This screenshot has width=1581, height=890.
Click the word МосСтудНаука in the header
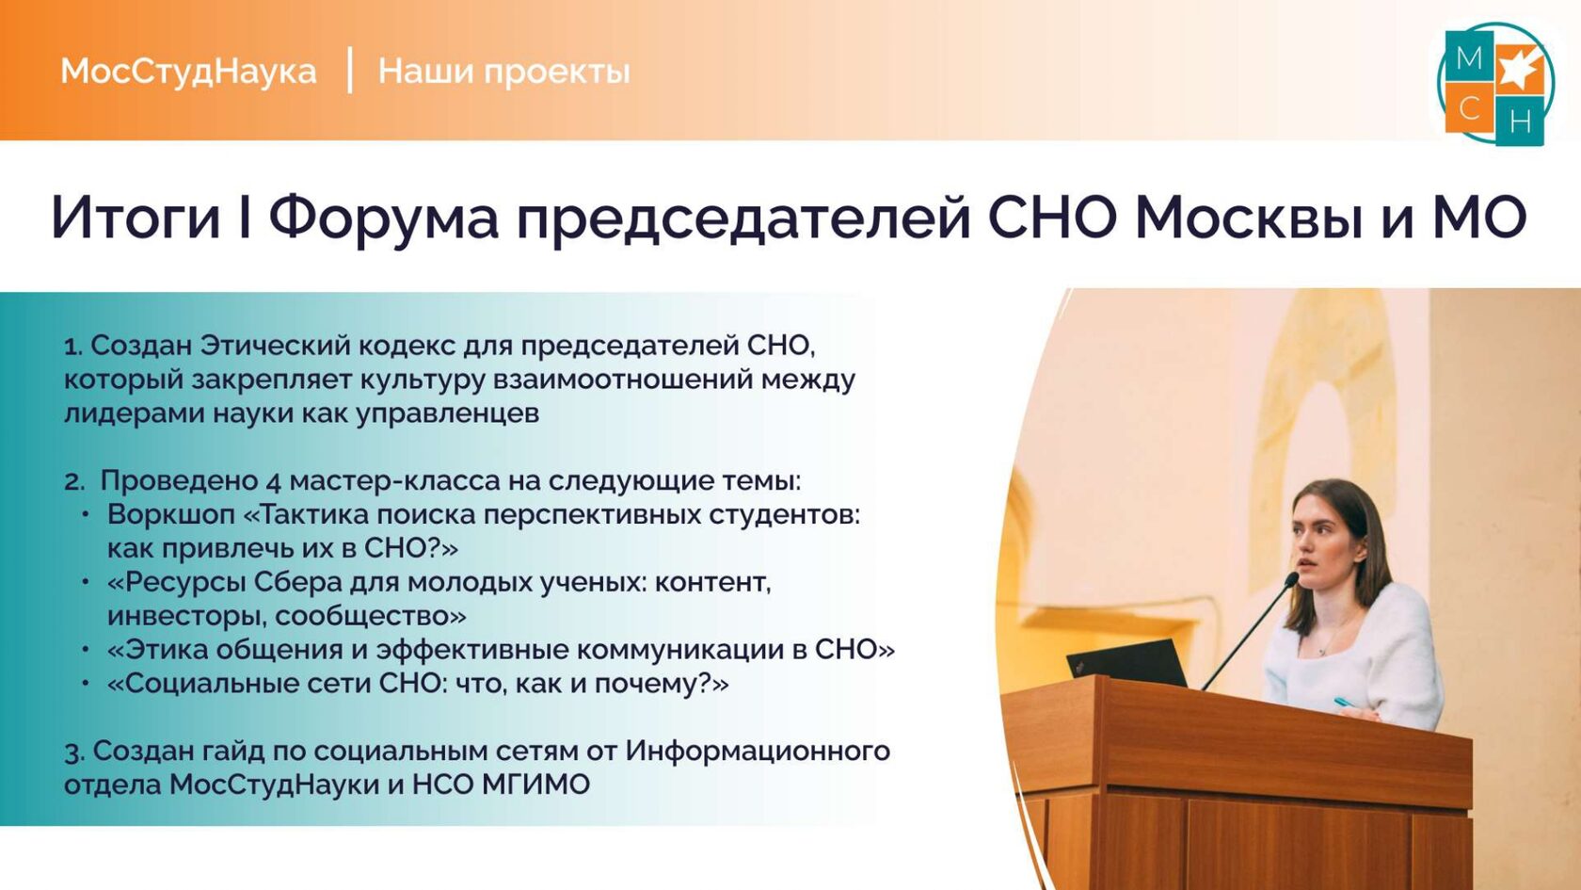(188, 72)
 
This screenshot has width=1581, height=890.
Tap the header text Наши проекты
(504, 72)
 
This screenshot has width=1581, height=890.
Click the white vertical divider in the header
(349, 70)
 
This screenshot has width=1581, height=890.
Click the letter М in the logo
(1469, 58)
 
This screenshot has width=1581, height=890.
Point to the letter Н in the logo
(1520, 122)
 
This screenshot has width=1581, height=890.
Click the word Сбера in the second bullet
(297, 584)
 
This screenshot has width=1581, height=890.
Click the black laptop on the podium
(1126, 663)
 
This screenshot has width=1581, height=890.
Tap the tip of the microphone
(1291, 579)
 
